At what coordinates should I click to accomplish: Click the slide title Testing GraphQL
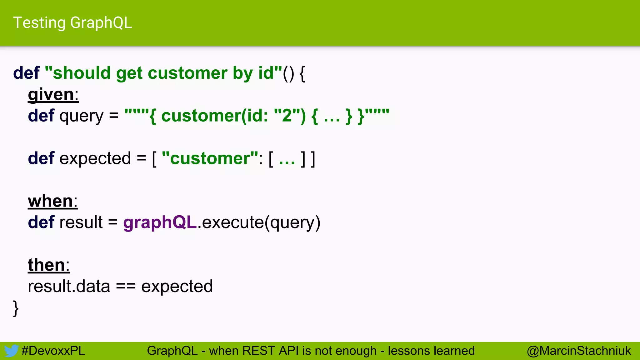(72, 23)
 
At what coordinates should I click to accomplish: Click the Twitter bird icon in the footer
(11, 351)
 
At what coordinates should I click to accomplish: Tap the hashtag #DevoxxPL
(53, 351)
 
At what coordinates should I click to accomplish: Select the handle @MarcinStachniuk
(579, 351)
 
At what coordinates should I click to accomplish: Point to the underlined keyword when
(50, 201)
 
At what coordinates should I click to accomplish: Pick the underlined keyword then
(46, 265)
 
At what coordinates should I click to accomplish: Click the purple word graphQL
(160, 223)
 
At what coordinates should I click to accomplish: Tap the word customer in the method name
(187, 73)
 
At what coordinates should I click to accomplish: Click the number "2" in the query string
(287, 116)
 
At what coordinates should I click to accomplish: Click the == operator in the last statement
(126, 287)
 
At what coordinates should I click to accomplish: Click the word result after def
(81, 223)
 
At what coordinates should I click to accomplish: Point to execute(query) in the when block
(261, 223)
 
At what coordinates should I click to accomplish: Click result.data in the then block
(69, 287)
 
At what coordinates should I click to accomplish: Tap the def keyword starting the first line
(26, 73)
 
